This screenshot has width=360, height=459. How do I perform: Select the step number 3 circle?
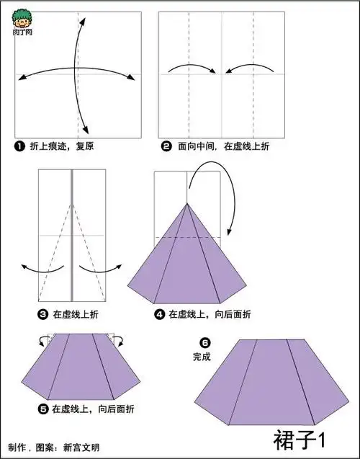pos(42,314)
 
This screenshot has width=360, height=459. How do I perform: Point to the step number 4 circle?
pos(160,314)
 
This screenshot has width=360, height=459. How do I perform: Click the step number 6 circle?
pos(204,342)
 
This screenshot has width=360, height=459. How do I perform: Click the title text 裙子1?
pos(300,439)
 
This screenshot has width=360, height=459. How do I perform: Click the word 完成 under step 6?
pos(202,356)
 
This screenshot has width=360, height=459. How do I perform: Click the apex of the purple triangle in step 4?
pos(188,204)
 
